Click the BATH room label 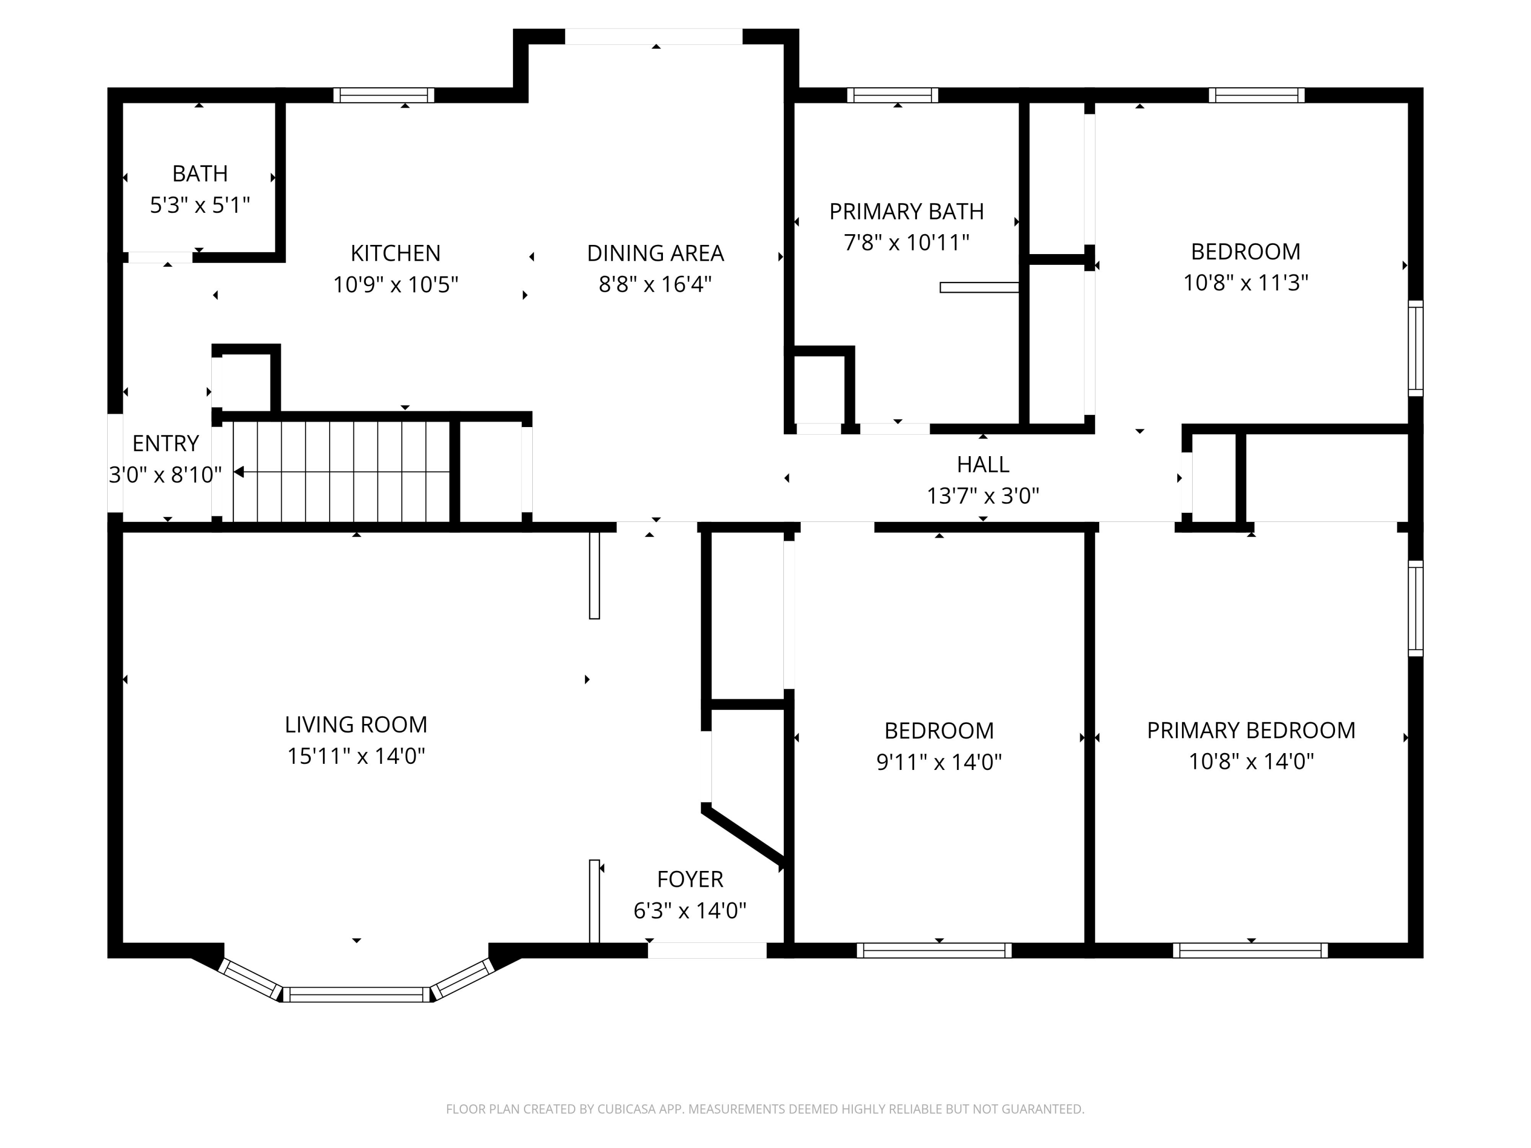(200, 173)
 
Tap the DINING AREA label (655, 253)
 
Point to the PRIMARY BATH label (906, 211)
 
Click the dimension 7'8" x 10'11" (906, 243)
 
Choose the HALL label (982, 464)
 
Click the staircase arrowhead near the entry (239, 472)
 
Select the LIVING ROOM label (356, 725)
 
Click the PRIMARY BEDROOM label (1251, 730)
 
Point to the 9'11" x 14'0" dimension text (939, 762)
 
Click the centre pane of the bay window (356, 994)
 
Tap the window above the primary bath (892, 95)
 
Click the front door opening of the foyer (707, 950)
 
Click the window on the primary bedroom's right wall (1416, 608)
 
